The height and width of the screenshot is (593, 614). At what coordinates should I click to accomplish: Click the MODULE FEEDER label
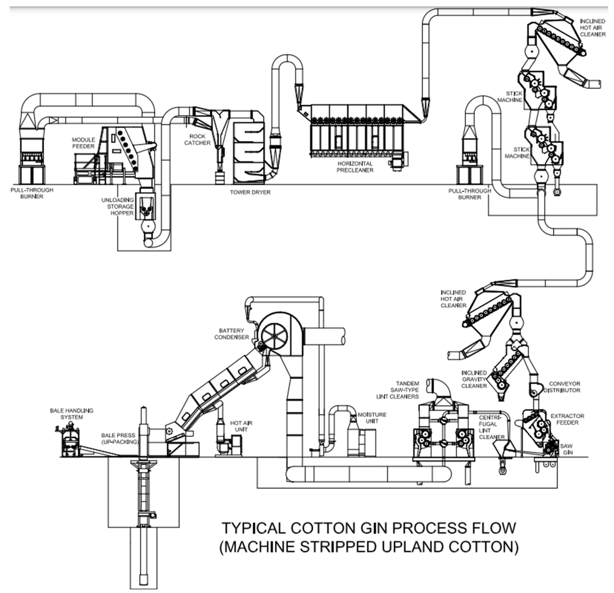83,143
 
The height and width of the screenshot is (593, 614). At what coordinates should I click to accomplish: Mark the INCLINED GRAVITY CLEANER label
474,379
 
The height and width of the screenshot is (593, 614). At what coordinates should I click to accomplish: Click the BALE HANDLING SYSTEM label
72,414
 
